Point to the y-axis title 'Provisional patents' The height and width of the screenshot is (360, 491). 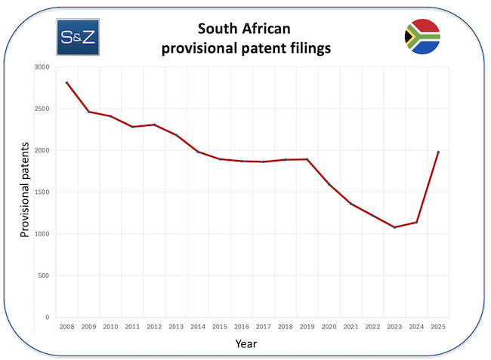(x=25, y=189)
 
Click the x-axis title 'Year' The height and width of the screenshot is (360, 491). (x=246, y=343)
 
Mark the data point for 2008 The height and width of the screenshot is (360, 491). (x=66, y=82)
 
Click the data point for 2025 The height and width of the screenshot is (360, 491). (x=438, y=152)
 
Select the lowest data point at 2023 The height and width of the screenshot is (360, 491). (x=394, y=227)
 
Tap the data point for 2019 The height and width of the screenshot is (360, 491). (x=307, y=159)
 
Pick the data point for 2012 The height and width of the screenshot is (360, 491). (x=154, y=125)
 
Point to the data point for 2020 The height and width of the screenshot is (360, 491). (x=329, y=184)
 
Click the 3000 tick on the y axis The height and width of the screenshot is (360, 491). (x=41, y=67)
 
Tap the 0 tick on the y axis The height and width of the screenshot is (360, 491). (x=46, y=318)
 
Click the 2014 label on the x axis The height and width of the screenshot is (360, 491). (x=198, y=327)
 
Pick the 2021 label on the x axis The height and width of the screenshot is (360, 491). (x=350, y=327)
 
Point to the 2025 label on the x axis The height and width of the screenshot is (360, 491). (x=438, y=327)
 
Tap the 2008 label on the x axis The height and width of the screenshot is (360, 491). (x=66, y=327)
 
